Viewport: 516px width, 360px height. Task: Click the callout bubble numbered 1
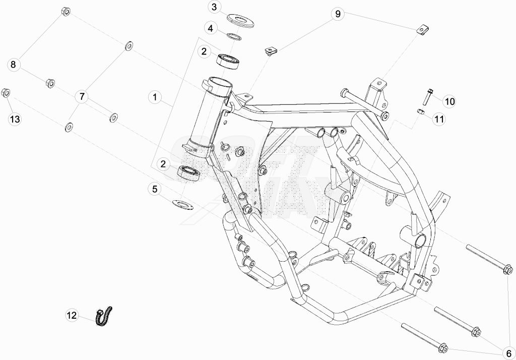click(x=155, y=97)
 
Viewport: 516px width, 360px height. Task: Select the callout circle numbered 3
click(x=214, y=7)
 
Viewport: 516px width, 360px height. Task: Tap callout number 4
click(x=210, y=28)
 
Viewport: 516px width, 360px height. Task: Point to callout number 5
click(x=155, y=189)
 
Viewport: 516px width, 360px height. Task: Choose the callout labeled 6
click(x=509, y=353)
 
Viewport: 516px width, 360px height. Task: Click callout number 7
click(x=82, y=97)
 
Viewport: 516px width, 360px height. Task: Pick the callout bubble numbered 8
click(x=13, y=64)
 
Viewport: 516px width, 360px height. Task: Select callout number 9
click(x=338, y=14)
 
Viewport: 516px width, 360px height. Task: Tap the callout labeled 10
click(x=449, y=101)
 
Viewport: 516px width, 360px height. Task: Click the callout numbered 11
click(x=439, y=119)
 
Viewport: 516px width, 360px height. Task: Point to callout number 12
click(x=72, y=315)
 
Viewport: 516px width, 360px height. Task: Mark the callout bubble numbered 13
click(x=15, y=119)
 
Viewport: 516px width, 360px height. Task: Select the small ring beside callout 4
click(x=234, y=35)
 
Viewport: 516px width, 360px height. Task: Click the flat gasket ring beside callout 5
click(x=183, y=204)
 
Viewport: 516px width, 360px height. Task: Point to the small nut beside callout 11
click(x=420, y=111)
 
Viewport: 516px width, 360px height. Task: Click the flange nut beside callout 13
click(x=6, y=93)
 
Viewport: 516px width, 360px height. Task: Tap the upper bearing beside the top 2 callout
click(x=227, y=62)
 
